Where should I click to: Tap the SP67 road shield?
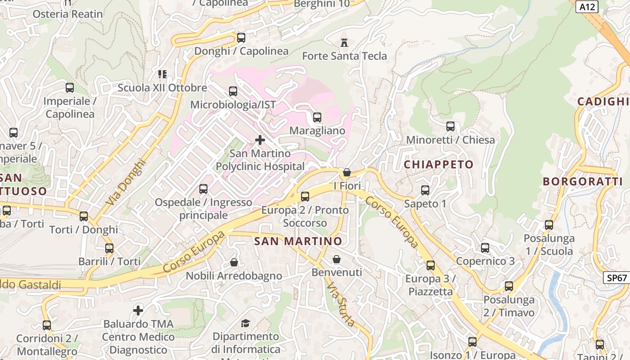pos(616,278)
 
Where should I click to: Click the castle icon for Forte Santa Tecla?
pos(344,43)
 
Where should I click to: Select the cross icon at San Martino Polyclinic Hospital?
pos(260,140)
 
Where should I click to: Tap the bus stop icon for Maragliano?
pos(317,117)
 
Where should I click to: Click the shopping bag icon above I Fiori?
pos(346,172)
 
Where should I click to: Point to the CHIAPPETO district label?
pos(439,165)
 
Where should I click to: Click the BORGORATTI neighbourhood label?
pos(582,182)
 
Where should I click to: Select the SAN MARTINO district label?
pos(298,241)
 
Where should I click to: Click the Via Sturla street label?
pos(341,305)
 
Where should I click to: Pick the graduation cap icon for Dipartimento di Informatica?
pos(245,323)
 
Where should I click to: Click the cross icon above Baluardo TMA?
pos(138,310)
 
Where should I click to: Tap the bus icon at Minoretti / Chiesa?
pos(450,126)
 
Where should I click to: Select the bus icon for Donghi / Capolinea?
pos(241,38)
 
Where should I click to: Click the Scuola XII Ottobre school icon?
pos(162,74)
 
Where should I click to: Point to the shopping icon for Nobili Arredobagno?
pos(234,262)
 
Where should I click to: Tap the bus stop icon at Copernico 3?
pos(485,248)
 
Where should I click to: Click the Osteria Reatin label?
pos(67,14)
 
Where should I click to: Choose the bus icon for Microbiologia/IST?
pos(233,91)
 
